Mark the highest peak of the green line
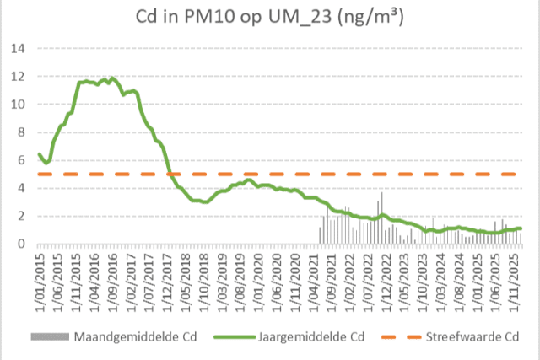(x=112, y=78)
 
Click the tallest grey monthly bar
(x=381, y=193)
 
